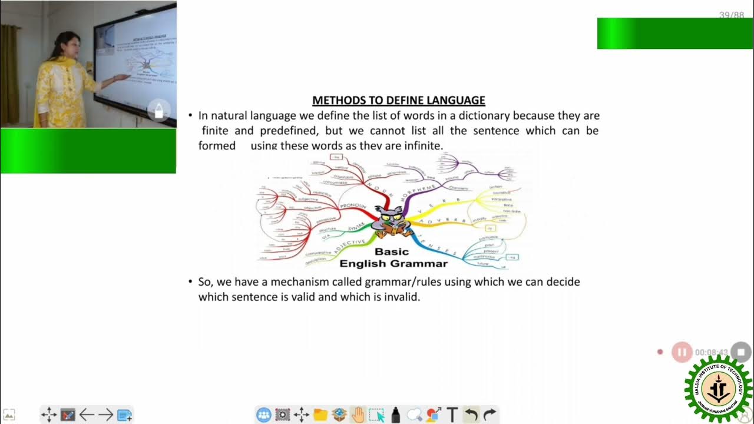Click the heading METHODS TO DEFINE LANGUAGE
tap(398, 101)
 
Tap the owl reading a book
tap(391, 222)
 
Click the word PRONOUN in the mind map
tap(353, 206)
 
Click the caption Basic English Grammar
tap(393, 258)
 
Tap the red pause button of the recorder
tap(682, 352)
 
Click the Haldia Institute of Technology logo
tap(719, 389)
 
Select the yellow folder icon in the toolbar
tap(320, 415)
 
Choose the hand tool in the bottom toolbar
tap(358, 415)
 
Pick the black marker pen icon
tap(395, 415)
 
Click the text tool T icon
tap(452, 415)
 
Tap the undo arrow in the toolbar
tap(471, 415)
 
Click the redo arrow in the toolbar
tap(490, 415)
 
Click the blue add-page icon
tap(124, 415)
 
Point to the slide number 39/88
tap(731, 15)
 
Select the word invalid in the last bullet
tap(401, 297)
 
